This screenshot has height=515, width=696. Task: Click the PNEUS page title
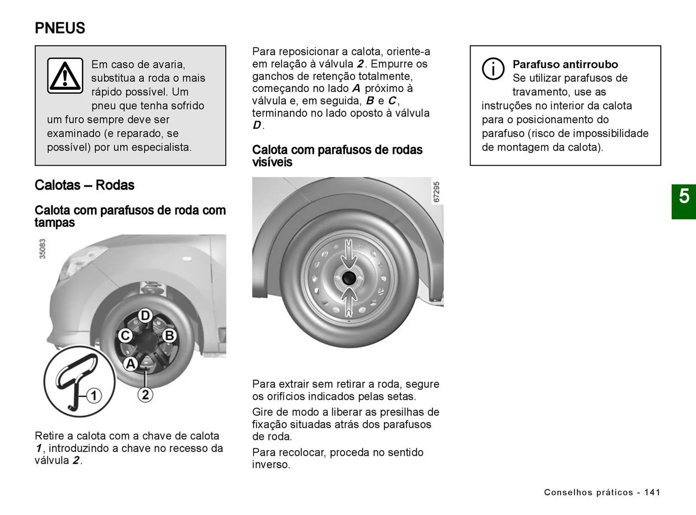tap(60, 28)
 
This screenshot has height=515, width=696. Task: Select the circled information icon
tap(493, 68)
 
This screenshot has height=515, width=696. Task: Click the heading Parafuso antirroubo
tap(565, 64)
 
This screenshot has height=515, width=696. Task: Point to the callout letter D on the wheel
tap(145, 315)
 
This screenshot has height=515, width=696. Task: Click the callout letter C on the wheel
tap(125, 336)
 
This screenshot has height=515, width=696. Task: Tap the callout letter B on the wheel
tap(169, 336)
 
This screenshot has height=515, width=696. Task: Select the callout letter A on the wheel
tap(130, 364)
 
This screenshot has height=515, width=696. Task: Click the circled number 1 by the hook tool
tap(94, 395)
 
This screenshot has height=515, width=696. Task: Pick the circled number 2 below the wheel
tap(145, 394)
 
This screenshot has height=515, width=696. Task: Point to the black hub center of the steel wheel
tap(349, 278)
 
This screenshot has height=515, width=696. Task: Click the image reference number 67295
tap(436, 192)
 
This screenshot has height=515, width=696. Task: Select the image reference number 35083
tap(42, 249)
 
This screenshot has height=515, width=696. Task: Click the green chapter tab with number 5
tap(683, 201)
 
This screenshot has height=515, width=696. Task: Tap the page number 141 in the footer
tap(652, 492)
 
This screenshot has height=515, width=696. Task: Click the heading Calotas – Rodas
tap(84, 185)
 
